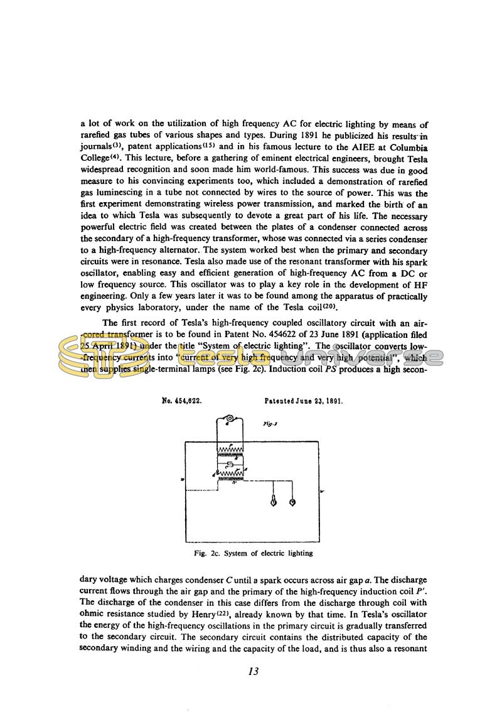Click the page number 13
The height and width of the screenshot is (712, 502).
coord(254,671)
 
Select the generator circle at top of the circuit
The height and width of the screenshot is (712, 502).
coord(230,419)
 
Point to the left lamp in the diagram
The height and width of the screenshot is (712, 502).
coord(273,501)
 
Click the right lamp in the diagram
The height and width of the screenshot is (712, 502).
coord(292,501)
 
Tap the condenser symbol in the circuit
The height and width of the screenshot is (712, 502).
coord(230,463)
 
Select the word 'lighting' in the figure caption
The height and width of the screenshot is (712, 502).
coord(299,554)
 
